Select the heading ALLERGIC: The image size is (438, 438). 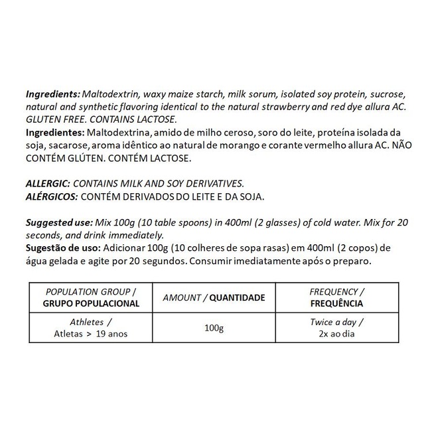tap(46, 183)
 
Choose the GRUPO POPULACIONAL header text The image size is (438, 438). tap(92, 303)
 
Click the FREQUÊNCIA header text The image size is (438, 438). tap(337, 303)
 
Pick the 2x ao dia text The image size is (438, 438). tap(337, 334)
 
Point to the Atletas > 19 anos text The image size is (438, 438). tap(92, 334)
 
